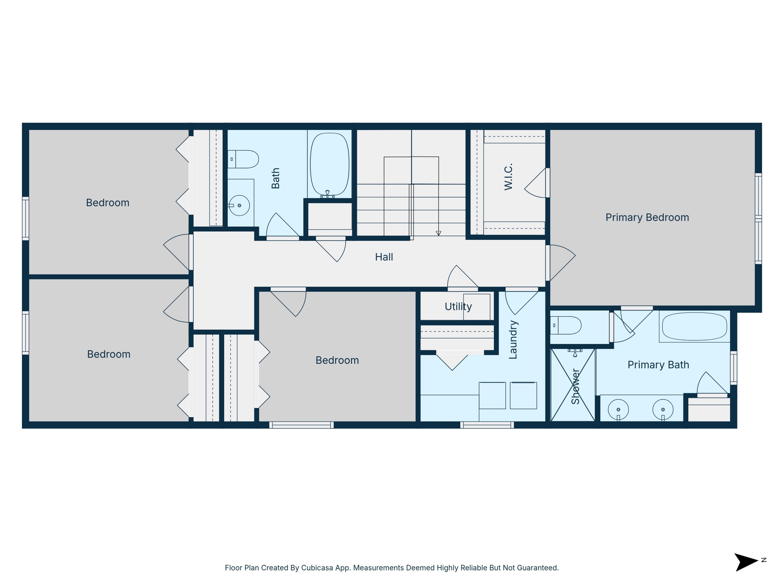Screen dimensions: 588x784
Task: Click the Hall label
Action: coord(384,257)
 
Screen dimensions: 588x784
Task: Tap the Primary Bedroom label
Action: coord(647,217)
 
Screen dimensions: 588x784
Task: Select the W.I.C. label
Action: coord(508,176)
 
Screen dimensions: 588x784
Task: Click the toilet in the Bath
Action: coord(244,159)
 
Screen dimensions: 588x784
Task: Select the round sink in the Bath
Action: coord(239,205)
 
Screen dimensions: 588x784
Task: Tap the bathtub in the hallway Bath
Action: coord(329,164)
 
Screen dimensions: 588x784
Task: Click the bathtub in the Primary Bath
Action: coord(694,326)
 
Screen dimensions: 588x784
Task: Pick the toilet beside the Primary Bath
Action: coord(566,325)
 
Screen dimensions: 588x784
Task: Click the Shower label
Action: coord(575,386)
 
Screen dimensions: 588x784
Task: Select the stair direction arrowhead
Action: coord(439,233)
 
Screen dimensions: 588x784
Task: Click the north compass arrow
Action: coord(746,562)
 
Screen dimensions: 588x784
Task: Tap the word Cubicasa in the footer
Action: coord(317,568)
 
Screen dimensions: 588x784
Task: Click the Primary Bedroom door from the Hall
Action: coord(561,262)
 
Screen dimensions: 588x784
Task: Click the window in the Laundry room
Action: coord(487,425)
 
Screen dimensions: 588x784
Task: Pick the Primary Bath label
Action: coord(658,365)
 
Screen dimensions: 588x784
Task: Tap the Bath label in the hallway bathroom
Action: coord(275,178)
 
